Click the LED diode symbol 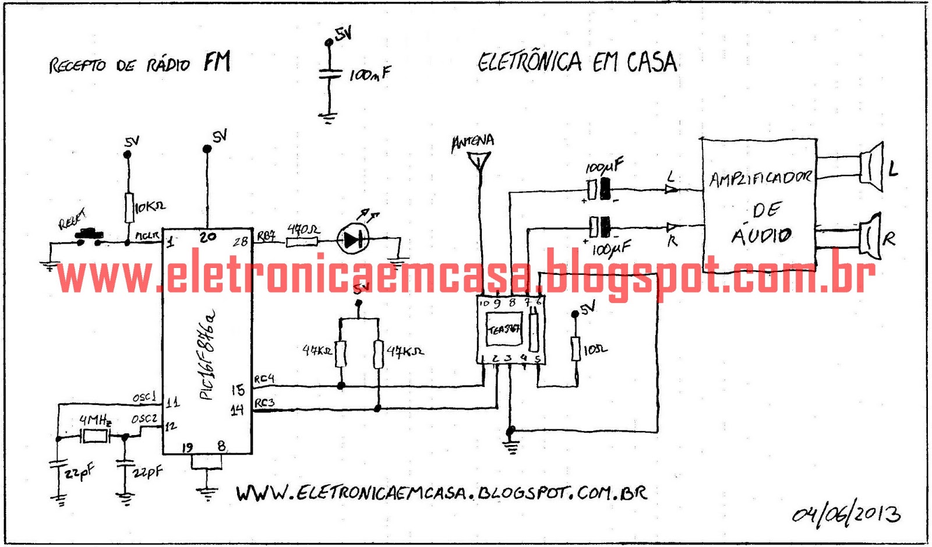(x=353, y=239)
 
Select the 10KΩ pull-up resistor (x=129, y=208)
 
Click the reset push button (x=89, y=235)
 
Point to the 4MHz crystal (x=94, y=436)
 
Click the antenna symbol (x=479, y=160)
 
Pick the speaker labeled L (x=871, y=168)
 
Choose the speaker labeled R (x=871, y=237)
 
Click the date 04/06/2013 (x=846, y=514)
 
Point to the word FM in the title (x=217, y=61)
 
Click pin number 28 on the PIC (x=241, y=241)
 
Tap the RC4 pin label (x=264, y=379)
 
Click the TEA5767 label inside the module (x=504, y=330)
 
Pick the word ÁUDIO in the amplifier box (x=761, y=235)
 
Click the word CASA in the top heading (x=652, y=62)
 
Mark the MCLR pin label (x=147, y=235)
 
